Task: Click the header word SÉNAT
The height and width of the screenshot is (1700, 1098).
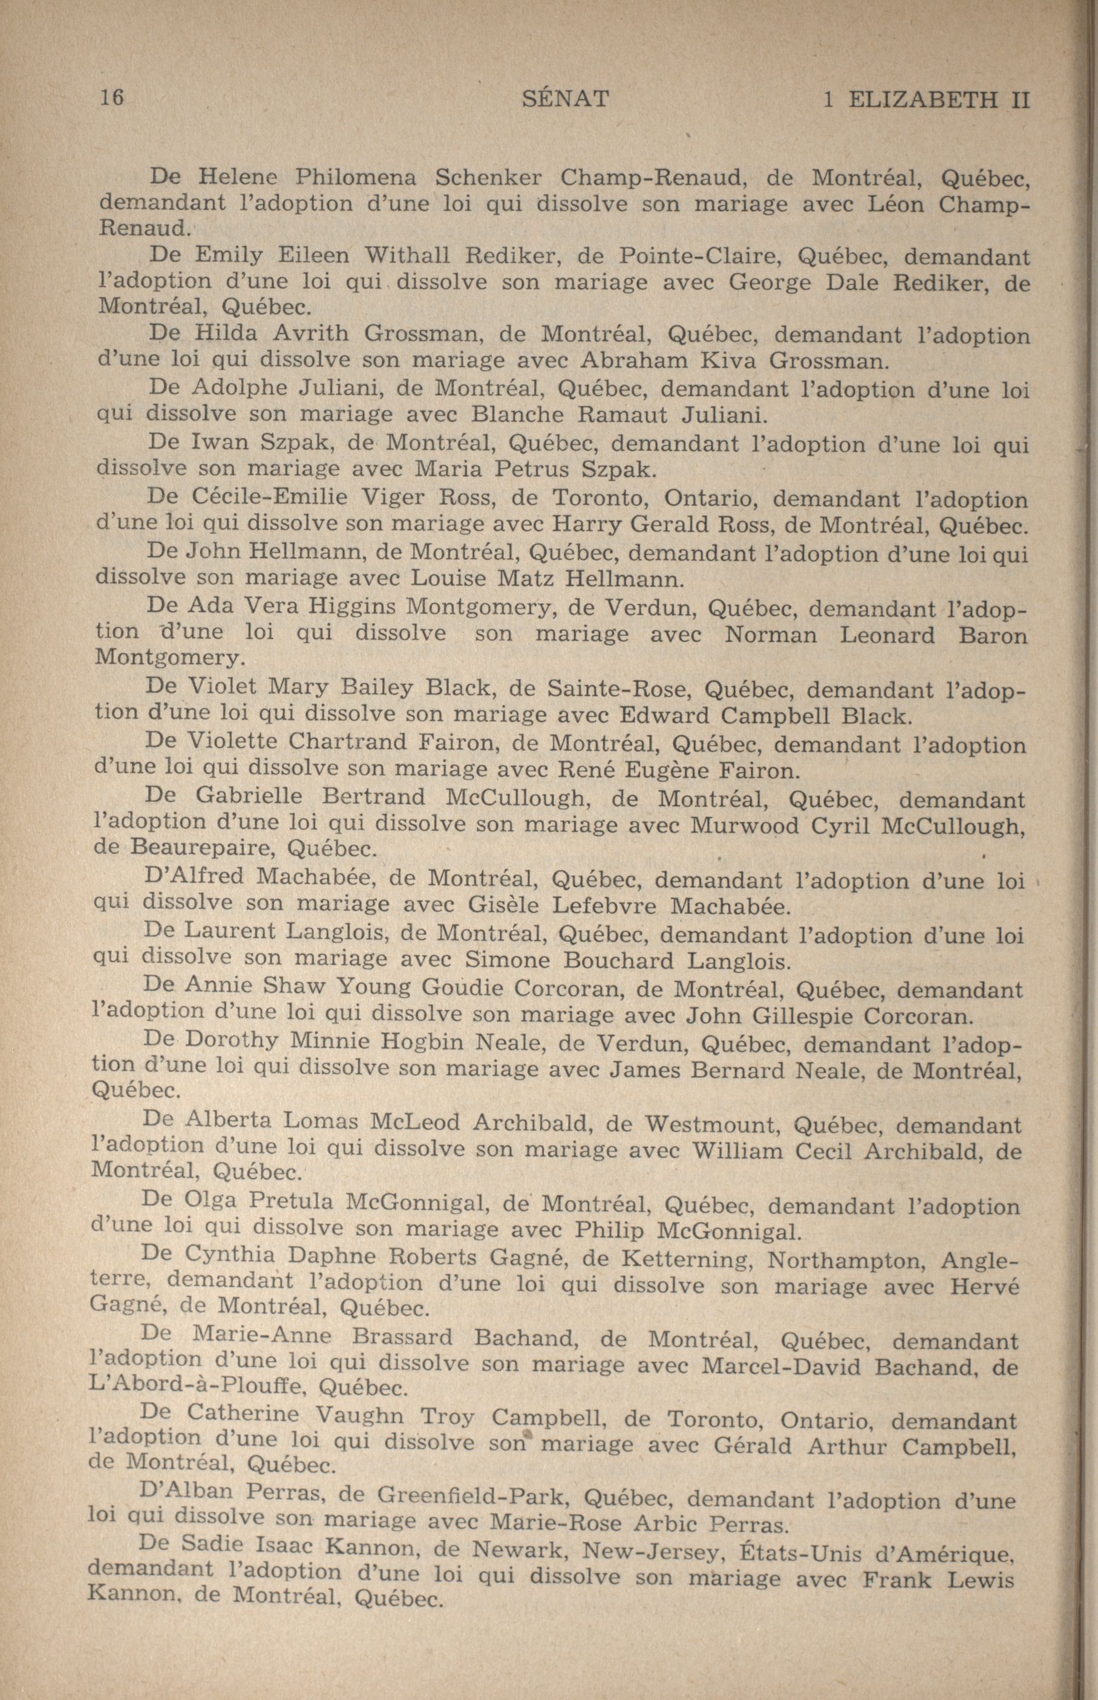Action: tap(566, 99)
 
